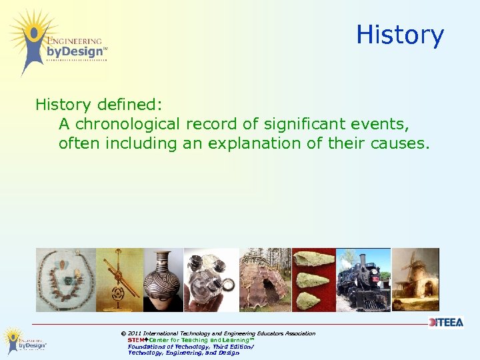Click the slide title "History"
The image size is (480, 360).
point(399,35)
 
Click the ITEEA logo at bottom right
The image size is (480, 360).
point(446,323)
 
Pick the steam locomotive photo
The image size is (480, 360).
point(363,280)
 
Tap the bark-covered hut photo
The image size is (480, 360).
point(265,280)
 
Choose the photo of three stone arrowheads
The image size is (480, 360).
point(314,280)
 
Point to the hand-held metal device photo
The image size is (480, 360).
point(211,280)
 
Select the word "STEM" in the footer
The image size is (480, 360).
point(136,340)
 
